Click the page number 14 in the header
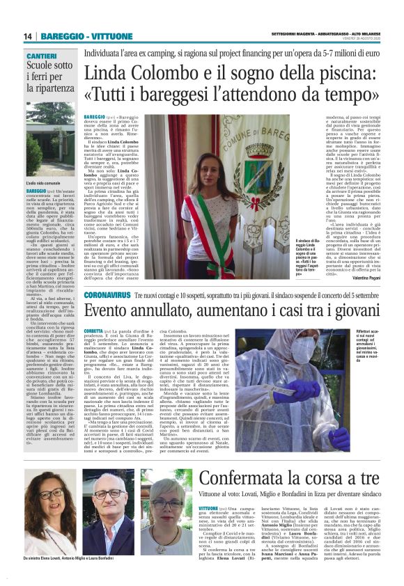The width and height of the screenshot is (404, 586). [29, 36]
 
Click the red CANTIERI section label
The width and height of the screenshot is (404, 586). [41, 55]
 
